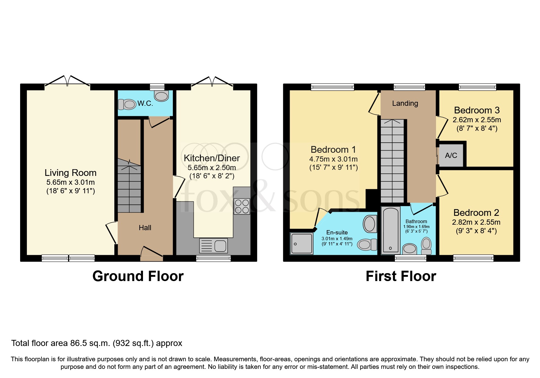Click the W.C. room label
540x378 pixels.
[145, 103]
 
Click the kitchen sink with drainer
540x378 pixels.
[213, 246]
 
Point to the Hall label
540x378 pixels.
[145, 228]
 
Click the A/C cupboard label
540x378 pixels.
[451, 155]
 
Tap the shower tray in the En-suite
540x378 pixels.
[302, 244]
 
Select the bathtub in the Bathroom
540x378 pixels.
[391, 230]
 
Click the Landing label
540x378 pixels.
[405, 103]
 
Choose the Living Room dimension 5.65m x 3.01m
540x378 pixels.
[70, 182]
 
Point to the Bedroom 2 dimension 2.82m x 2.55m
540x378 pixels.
[476, 222]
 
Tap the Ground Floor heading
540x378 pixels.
[138, 276]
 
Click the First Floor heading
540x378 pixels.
[401, 276]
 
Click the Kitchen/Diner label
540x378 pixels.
[212, 158]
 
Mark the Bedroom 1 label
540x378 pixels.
[333, 150]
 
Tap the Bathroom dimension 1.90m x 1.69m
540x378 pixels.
[416, 226]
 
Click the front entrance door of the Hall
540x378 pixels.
[152, 253]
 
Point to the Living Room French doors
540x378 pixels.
[67, 81]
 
